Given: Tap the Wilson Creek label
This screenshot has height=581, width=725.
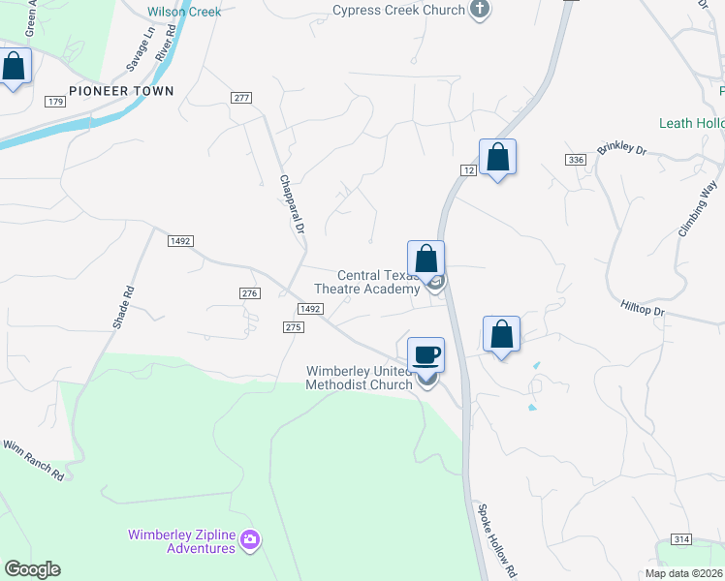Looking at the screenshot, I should coord(184,12).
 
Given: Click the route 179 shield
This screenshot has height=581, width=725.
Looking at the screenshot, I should coord(54,102).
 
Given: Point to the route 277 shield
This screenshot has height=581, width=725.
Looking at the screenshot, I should coord(241,98).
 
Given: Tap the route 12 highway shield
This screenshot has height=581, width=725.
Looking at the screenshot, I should coord(466,170).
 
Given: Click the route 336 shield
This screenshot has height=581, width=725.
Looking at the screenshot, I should coord(578,159).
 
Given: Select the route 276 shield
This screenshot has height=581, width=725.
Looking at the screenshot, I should coord(250,292).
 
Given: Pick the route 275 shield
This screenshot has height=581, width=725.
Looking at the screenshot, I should coord(295,327).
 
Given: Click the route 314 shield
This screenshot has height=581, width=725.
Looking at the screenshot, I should coord(682,538).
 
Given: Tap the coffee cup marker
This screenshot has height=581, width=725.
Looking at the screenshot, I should coord(426,355).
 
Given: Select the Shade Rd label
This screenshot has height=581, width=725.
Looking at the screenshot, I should coord(123,307).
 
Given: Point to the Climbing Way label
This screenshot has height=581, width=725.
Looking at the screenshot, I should coord(697,209).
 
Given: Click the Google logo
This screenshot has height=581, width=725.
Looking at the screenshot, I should coord(32,569).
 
